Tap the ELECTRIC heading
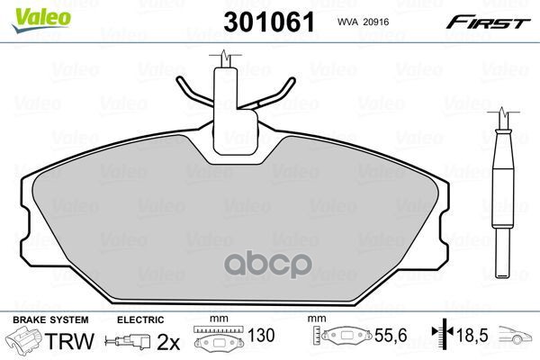(140, 319)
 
